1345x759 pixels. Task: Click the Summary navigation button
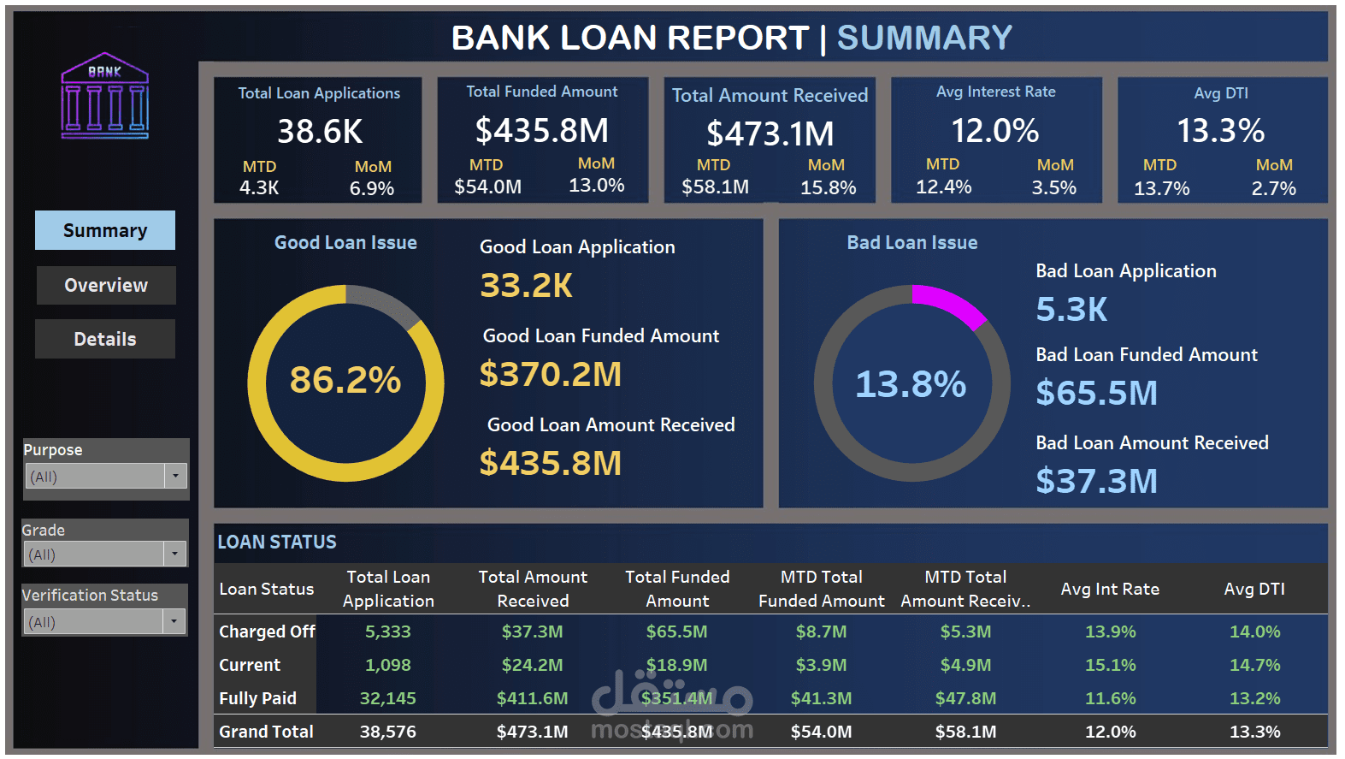[105, 230]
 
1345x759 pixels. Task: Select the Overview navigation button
[106, 285]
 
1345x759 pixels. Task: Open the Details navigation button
[105, 339]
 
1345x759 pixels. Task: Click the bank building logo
[105, 96]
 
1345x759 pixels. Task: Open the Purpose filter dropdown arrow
[175, 476]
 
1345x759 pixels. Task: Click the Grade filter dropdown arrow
[174, 554]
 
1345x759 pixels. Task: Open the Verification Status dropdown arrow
[174, 621]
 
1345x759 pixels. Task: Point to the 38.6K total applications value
[320, 132]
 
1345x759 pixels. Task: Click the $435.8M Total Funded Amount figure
[542, 131]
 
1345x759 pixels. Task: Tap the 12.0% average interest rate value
[995, 131]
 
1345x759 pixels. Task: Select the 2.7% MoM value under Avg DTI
[1273, 188]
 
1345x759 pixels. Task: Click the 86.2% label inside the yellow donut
[345, 380]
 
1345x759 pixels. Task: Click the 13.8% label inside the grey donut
[911, 384]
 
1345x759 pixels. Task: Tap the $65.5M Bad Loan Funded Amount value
[1096, 393]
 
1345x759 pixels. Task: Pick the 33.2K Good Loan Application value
[526, 286]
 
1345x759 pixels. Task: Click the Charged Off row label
[267, 632]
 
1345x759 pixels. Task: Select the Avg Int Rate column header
[1110, 589]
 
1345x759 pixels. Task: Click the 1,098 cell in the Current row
[387, 665]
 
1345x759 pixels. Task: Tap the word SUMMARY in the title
[924, 38]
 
